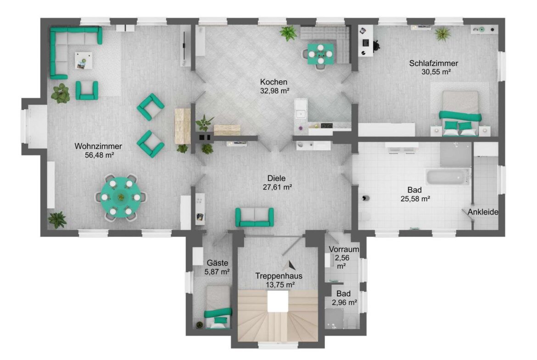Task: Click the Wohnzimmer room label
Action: click(x=98, y=146)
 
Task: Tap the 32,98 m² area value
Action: click(x=274, y=91)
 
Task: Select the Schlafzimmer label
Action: click(x=434, y=63)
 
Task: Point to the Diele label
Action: click(x=276, y=178)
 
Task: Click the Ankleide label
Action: click(x=483, y=212)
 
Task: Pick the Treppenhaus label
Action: click(x=279, y=276)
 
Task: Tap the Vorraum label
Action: click(x=344, y=249)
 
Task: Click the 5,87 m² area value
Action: click(x=217, y=271)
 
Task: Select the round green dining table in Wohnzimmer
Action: click(x=121, y=197)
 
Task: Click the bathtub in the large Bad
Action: click(x=447, y=177)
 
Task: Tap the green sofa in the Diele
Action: click(x=254, y=217)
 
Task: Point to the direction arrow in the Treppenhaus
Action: click(x=291, y=265)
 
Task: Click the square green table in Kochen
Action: click(x=320, y=54)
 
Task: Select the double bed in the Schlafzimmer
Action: click(x=459, y=113)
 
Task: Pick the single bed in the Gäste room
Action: click(x=218, y=306)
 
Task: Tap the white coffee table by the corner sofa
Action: click(x=84, y=61)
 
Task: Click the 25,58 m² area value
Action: click(x=415, y=199)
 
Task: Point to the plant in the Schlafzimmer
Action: click(x=442, y=34)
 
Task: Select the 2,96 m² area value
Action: click(x=344, y=303)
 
